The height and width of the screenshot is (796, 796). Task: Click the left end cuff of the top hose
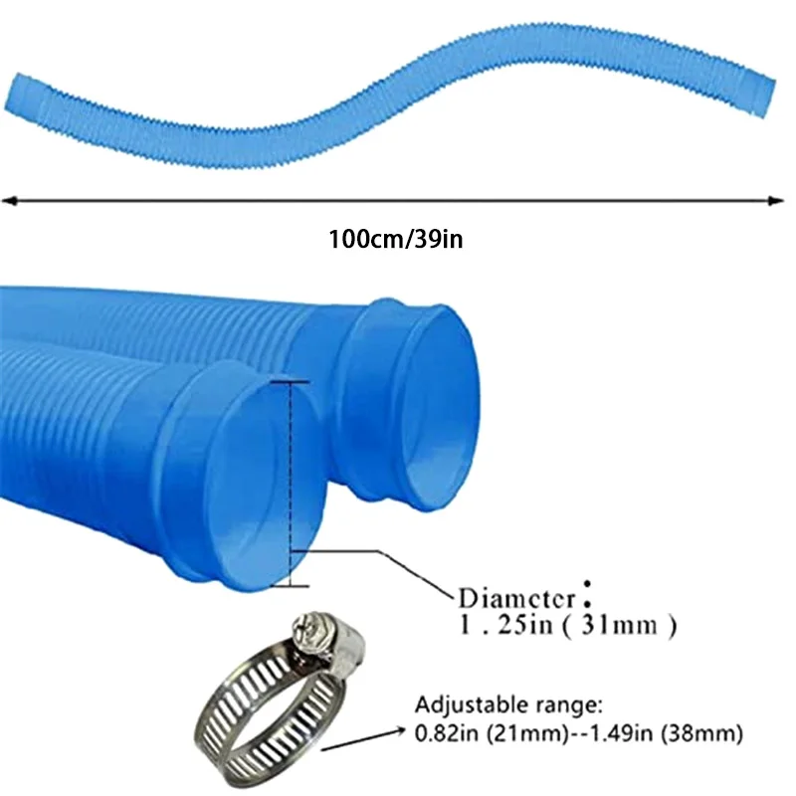[x=24, y=98]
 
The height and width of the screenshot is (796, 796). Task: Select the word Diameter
[x=516, y=598]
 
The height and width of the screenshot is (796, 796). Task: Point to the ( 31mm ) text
[x=625, y=627]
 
